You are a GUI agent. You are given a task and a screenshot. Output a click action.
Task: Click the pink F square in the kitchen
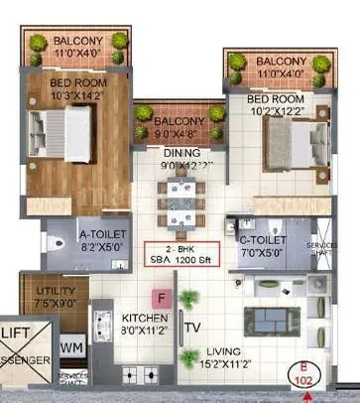(160, 297)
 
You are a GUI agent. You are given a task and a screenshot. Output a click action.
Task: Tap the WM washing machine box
(71, 348)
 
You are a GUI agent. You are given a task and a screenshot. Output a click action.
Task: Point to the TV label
(192, 328)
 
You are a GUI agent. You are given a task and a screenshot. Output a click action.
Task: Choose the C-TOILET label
(263, 240)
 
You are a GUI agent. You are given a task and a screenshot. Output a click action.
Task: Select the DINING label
(182, 154)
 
